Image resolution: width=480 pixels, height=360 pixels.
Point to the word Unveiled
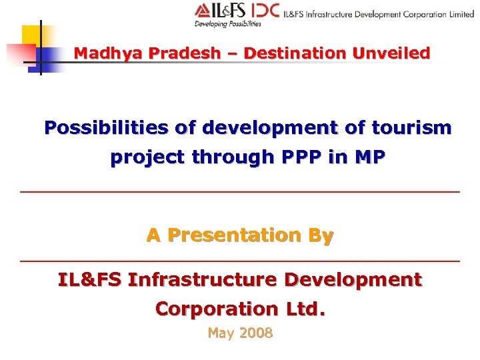[395, 53]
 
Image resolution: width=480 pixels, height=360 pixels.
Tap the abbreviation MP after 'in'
[370, 157]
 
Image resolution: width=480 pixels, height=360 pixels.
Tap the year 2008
[256, 333]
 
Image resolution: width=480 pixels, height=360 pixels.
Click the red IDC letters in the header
[265, 11]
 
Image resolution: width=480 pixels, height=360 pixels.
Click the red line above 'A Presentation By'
[240, 192]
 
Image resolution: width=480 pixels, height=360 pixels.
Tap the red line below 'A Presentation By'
[240, 260]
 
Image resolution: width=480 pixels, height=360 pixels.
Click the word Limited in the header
[461, 13]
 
